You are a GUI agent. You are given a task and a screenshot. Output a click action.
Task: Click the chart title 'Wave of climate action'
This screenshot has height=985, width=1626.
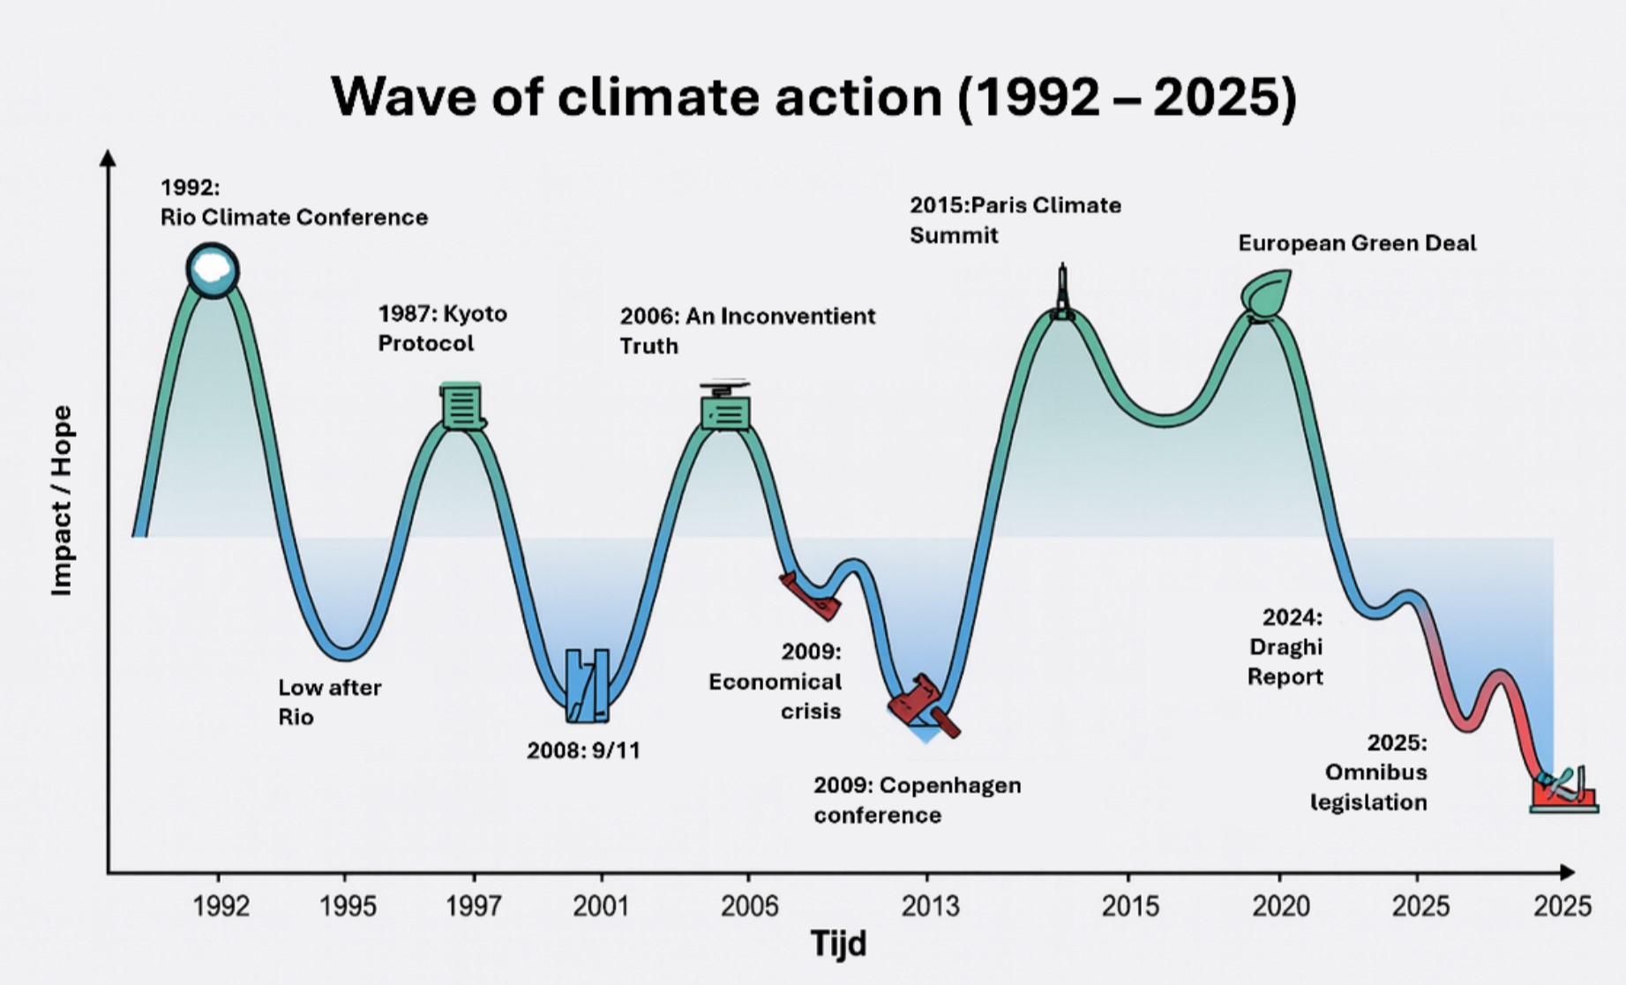813,96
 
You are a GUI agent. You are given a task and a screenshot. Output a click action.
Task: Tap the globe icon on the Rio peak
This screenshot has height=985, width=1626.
213,270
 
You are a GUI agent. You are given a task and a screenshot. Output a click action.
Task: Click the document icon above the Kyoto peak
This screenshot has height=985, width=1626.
461,407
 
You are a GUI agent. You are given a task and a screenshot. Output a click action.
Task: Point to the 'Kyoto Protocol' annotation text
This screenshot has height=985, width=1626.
443,328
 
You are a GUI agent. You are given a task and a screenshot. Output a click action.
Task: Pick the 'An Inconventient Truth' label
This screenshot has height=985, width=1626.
747,331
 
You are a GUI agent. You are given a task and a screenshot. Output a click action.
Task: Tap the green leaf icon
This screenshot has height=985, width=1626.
1267,293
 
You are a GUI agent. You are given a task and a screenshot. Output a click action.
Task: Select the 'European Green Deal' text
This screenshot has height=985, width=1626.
1357,243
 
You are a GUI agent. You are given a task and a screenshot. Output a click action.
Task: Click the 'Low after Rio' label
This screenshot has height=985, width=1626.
329,702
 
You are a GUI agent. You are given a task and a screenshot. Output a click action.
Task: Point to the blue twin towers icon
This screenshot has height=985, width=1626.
588,685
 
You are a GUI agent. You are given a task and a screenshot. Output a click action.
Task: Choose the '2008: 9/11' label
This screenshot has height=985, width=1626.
583,750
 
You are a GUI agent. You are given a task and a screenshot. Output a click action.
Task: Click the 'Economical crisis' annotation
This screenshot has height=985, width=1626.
775,681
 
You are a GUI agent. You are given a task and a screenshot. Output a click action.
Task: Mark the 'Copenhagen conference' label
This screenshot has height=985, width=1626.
917,800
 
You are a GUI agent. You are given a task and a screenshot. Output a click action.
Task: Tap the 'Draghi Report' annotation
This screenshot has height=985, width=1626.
1285,646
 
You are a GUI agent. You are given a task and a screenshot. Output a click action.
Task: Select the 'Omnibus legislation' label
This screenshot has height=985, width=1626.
1368,772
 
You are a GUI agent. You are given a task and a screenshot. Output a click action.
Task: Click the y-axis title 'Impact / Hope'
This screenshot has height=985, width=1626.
62,500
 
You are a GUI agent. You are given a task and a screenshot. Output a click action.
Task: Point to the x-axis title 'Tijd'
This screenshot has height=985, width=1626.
838,944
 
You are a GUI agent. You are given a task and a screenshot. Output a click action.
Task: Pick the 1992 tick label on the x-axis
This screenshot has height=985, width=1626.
221,906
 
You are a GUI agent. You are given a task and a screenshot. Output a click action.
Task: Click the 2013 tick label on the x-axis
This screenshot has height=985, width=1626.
929,906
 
